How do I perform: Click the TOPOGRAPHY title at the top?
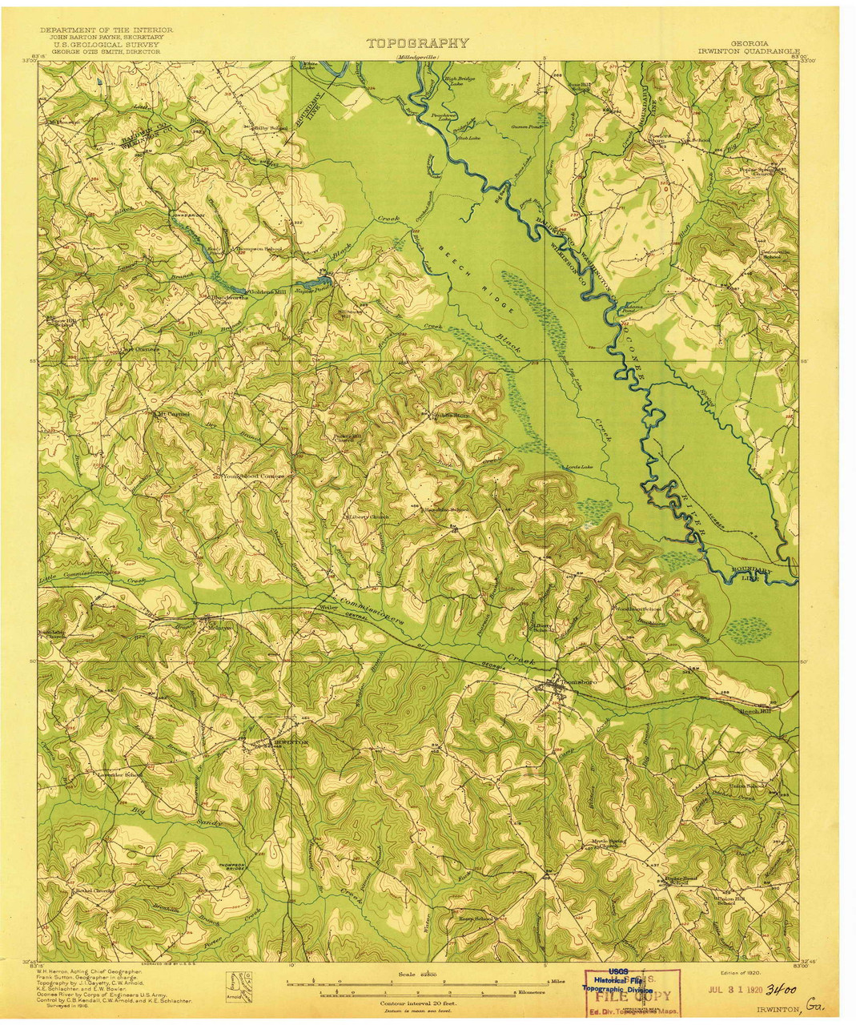point(418,43)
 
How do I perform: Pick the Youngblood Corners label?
point(253,476)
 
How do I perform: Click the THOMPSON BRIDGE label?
point(232,866)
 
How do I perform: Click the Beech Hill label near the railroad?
point(754,709)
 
